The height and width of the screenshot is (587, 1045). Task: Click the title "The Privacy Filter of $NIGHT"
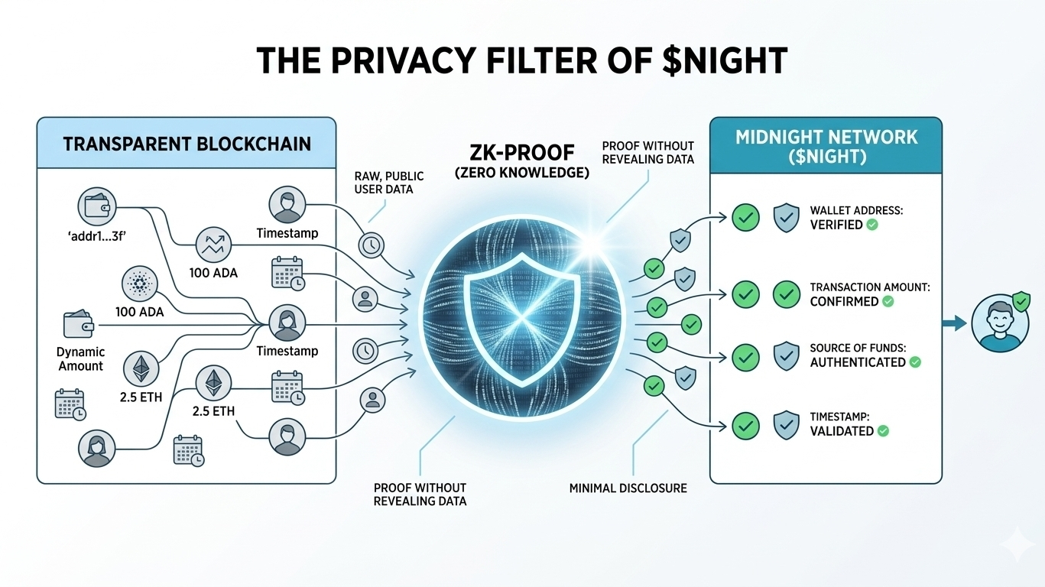(x=522, y=60)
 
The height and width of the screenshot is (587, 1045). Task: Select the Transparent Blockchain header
(x=187, y=143)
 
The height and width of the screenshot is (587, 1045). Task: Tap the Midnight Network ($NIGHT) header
(x=826, y=145)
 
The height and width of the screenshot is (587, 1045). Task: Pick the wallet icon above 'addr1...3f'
(x=96, y=206)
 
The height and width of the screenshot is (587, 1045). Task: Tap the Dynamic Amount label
(x=80, y=359)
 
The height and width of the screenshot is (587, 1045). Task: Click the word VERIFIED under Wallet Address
(x=836, y=225)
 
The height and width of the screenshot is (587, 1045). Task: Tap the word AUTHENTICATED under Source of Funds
(x=858, y=362)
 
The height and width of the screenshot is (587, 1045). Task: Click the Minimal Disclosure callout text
(x=628, y=488)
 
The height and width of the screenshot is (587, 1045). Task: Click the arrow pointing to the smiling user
(x=955, y=324)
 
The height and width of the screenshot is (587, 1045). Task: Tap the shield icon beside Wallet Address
(x=787, y=218)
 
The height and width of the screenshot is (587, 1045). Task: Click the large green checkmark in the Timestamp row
(x=745, y=425)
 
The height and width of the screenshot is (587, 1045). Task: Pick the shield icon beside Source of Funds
(x=787, y=356)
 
